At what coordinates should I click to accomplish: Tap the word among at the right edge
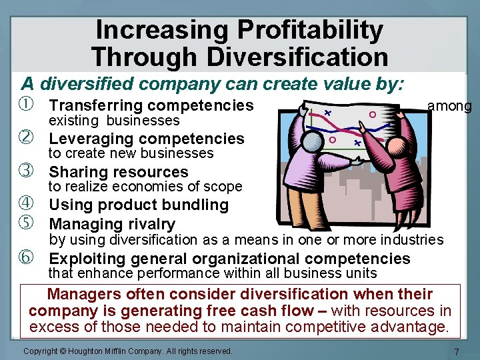pos(449,106)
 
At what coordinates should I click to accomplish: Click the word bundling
pos(199,205)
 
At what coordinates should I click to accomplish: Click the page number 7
pos(456,351)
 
